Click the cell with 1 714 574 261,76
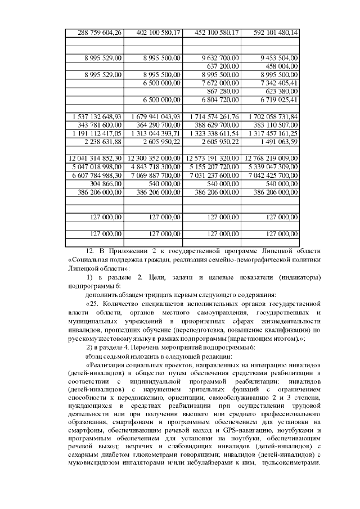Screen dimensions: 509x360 click(x=211, y=116)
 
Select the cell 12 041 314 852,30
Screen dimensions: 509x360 click(x=94, y=158)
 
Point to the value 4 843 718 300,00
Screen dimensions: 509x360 click(x=154, y=166)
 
